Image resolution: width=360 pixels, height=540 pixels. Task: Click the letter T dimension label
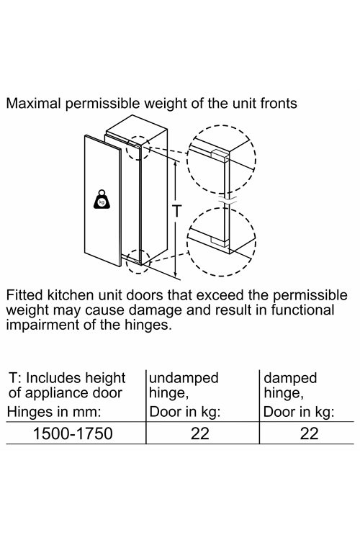[176, 211]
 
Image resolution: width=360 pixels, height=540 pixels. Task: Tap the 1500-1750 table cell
[73, 433]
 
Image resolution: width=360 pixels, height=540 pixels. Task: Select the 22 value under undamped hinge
[200, 433]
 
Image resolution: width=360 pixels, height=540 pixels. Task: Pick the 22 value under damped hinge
[309, 433]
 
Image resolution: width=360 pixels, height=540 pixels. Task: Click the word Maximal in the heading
[33, 103]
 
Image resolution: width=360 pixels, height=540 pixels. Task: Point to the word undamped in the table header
[184, 378]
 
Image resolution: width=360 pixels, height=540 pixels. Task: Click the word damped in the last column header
[290, 378]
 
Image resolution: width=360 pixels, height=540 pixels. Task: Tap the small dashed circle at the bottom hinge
[138, 261]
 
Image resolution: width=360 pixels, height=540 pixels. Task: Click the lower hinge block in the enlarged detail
[220, 240]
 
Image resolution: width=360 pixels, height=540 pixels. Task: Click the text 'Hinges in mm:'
[54, 412]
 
